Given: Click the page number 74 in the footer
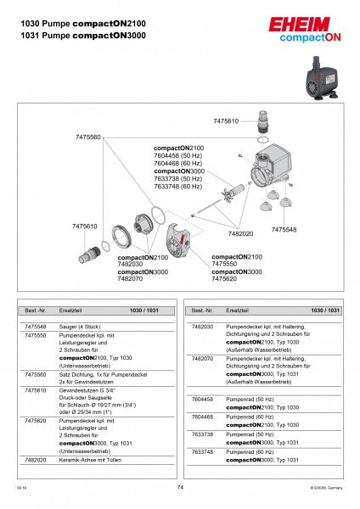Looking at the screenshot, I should pyautogui.click(x=180, y=488).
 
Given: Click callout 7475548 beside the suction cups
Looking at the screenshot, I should pyautogui.click(x=284, y=230).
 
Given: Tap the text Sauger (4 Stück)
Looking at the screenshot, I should pyautogui.click(x=79, y=326).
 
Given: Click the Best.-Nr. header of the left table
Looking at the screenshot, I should pyautogui.click(x=35, y=311).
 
